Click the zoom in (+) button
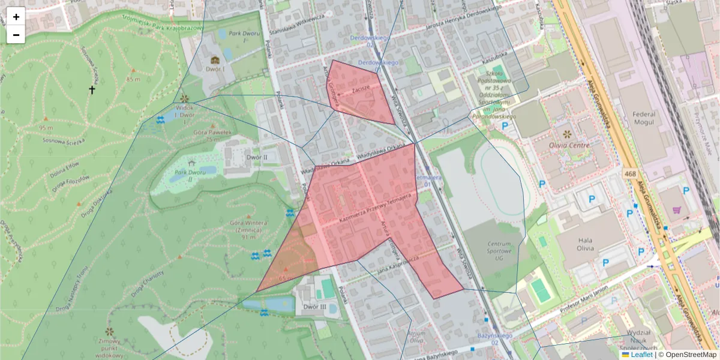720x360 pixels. tap(16, 17)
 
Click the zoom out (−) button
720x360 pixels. tap(16, 35)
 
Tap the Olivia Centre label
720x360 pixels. tap(569, 145)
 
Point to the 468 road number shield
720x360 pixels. tap(629, 173)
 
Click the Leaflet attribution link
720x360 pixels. tap(641, 355)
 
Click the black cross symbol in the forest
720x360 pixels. tap(92, 90)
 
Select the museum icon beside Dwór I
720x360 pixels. tap(215, 60)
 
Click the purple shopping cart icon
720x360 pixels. tap(677, 209)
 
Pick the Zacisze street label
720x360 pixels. tap(361, 88)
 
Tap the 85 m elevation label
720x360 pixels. tap(133, 79)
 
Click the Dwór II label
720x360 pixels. tap(257, 157)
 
